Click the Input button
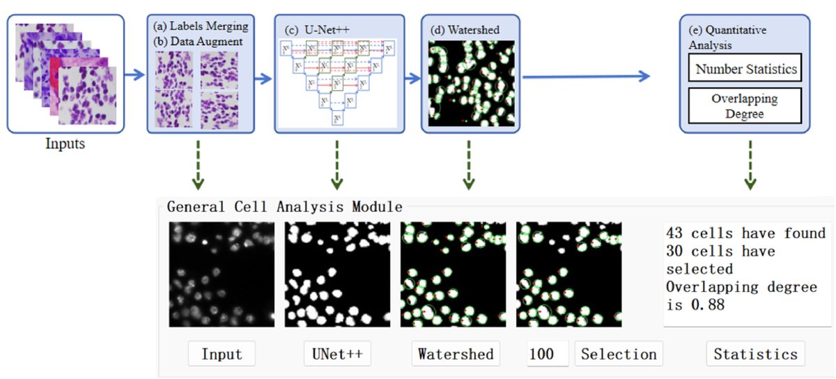pos(222,354)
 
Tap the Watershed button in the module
pos(456,354)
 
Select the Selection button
pos(619,354)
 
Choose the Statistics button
pos(755,354)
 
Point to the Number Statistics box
pos(745,70)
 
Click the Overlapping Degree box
pos(745,106)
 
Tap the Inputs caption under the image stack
pos(66,145)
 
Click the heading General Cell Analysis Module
pos(284,207)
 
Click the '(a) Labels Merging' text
pos(201,26)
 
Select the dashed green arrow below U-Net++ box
pos(338,164)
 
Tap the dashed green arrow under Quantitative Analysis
pos(750,164)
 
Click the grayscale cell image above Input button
pos(222,274)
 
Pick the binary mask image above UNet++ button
pos(337,274)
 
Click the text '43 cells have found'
pos(745,233)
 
